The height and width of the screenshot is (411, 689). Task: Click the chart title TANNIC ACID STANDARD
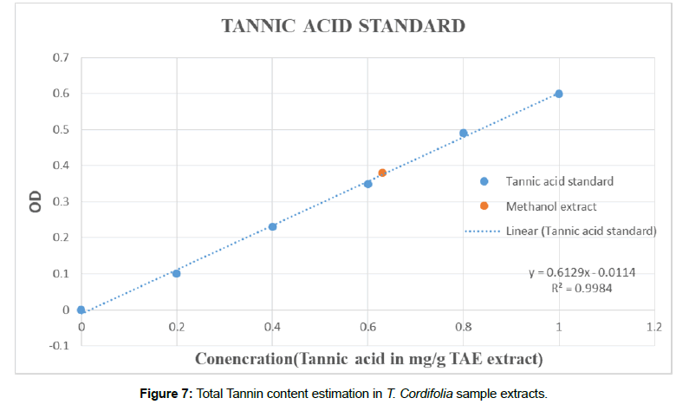click(344, 26)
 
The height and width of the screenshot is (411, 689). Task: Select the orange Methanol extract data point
click(382, 173)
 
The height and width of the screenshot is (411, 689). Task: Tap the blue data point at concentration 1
click(559, 94)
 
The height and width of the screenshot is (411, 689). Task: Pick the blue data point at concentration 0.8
click(464, 134)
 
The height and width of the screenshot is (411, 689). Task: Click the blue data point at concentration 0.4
click(272, 227)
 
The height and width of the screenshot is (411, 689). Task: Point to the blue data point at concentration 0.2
click(177, 273)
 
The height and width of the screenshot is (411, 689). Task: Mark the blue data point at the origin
click(81, 310)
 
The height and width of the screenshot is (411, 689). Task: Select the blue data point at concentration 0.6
click(367, 184)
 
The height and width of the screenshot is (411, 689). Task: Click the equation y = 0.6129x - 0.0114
click(582, 272)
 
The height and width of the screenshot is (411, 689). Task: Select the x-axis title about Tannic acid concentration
click(368, 358)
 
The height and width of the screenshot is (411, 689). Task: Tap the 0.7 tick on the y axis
click(60, 57)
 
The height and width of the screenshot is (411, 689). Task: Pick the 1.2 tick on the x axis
click(654, 327)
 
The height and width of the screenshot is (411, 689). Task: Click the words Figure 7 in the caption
click(166, 395)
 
